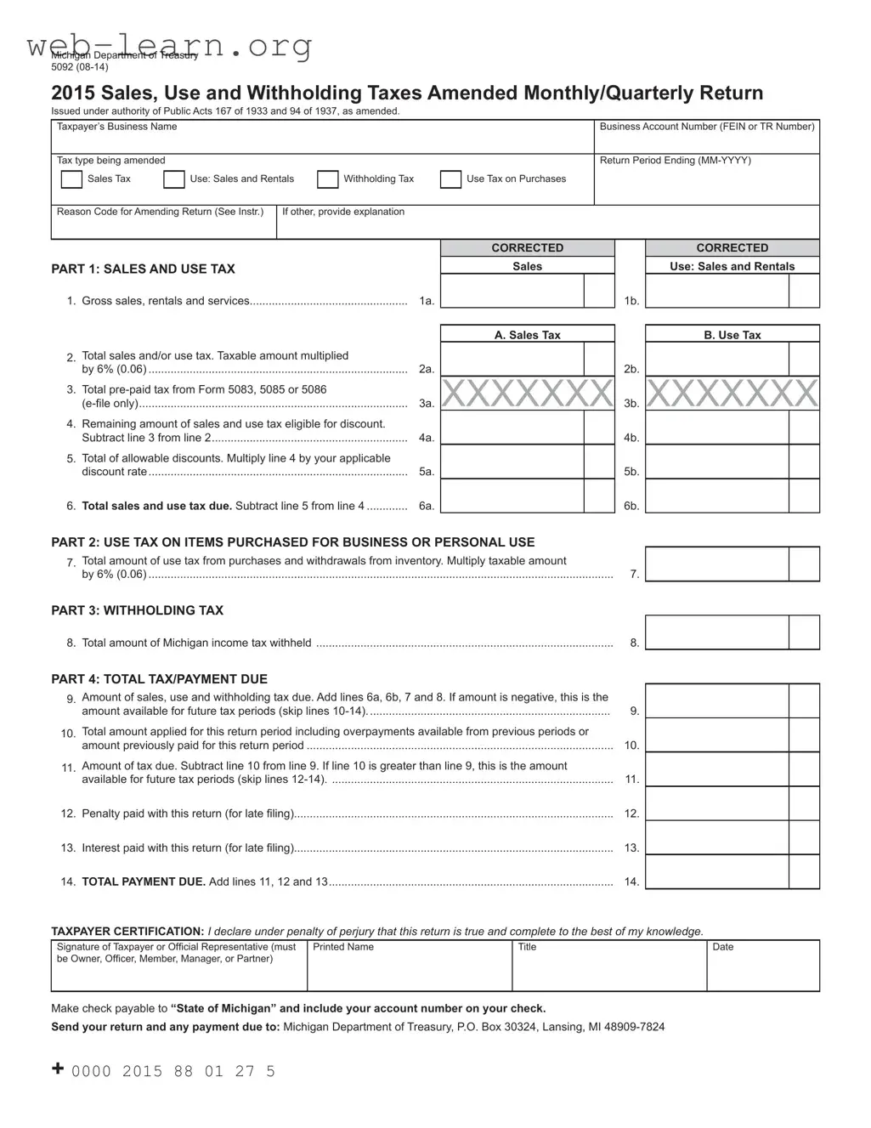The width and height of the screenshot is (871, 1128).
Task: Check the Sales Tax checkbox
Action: [x=71, y=179]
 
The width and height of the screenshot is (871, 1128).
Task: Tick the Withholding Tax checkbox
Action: [x=327, y=179]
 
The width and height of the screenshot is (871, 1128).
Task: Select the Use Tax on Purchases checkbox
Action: [x=450, y=179]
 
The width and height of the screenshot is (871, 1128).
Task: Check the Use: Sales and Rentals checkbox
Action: [x=173, y=179]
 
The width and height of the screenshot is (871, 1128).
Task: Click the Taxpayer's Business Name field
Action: [x=322, y=141]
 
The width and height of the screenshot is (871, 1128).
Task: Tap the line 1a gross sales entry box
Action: [x=512, y=291]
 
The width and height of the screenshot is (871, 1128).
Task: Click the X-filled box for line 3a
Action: [x=527, y=394]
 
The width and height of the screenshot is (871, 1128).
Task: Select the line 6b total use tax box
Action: [x=717, y=496]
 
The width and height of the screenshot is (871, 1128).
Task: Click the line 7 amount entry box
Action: [x=717, y=564]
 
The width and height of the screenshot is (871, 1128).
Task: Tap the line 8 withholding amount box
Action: [x=717, y=633]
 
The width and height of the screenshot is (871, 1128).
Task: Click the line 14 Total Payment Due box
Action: [x=717, y=872]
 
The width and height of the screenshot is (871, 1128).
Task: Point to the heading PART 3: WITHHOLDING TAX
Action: [x=138, y=610]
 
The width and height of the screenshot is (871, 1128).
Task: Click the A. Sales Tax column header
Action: [x=527, y=335]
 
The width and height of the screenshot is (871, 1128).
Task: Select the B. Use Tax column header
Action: [x=732, y=335]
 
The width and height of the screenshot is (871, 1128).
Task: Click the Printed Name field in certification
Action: [x=409, y=972]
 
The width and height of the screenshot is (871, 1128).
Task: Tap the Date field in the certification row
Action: [x=762, y=972]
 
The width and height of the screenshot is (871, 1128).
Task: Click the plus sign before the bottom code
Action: [x=58, y=1069]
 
